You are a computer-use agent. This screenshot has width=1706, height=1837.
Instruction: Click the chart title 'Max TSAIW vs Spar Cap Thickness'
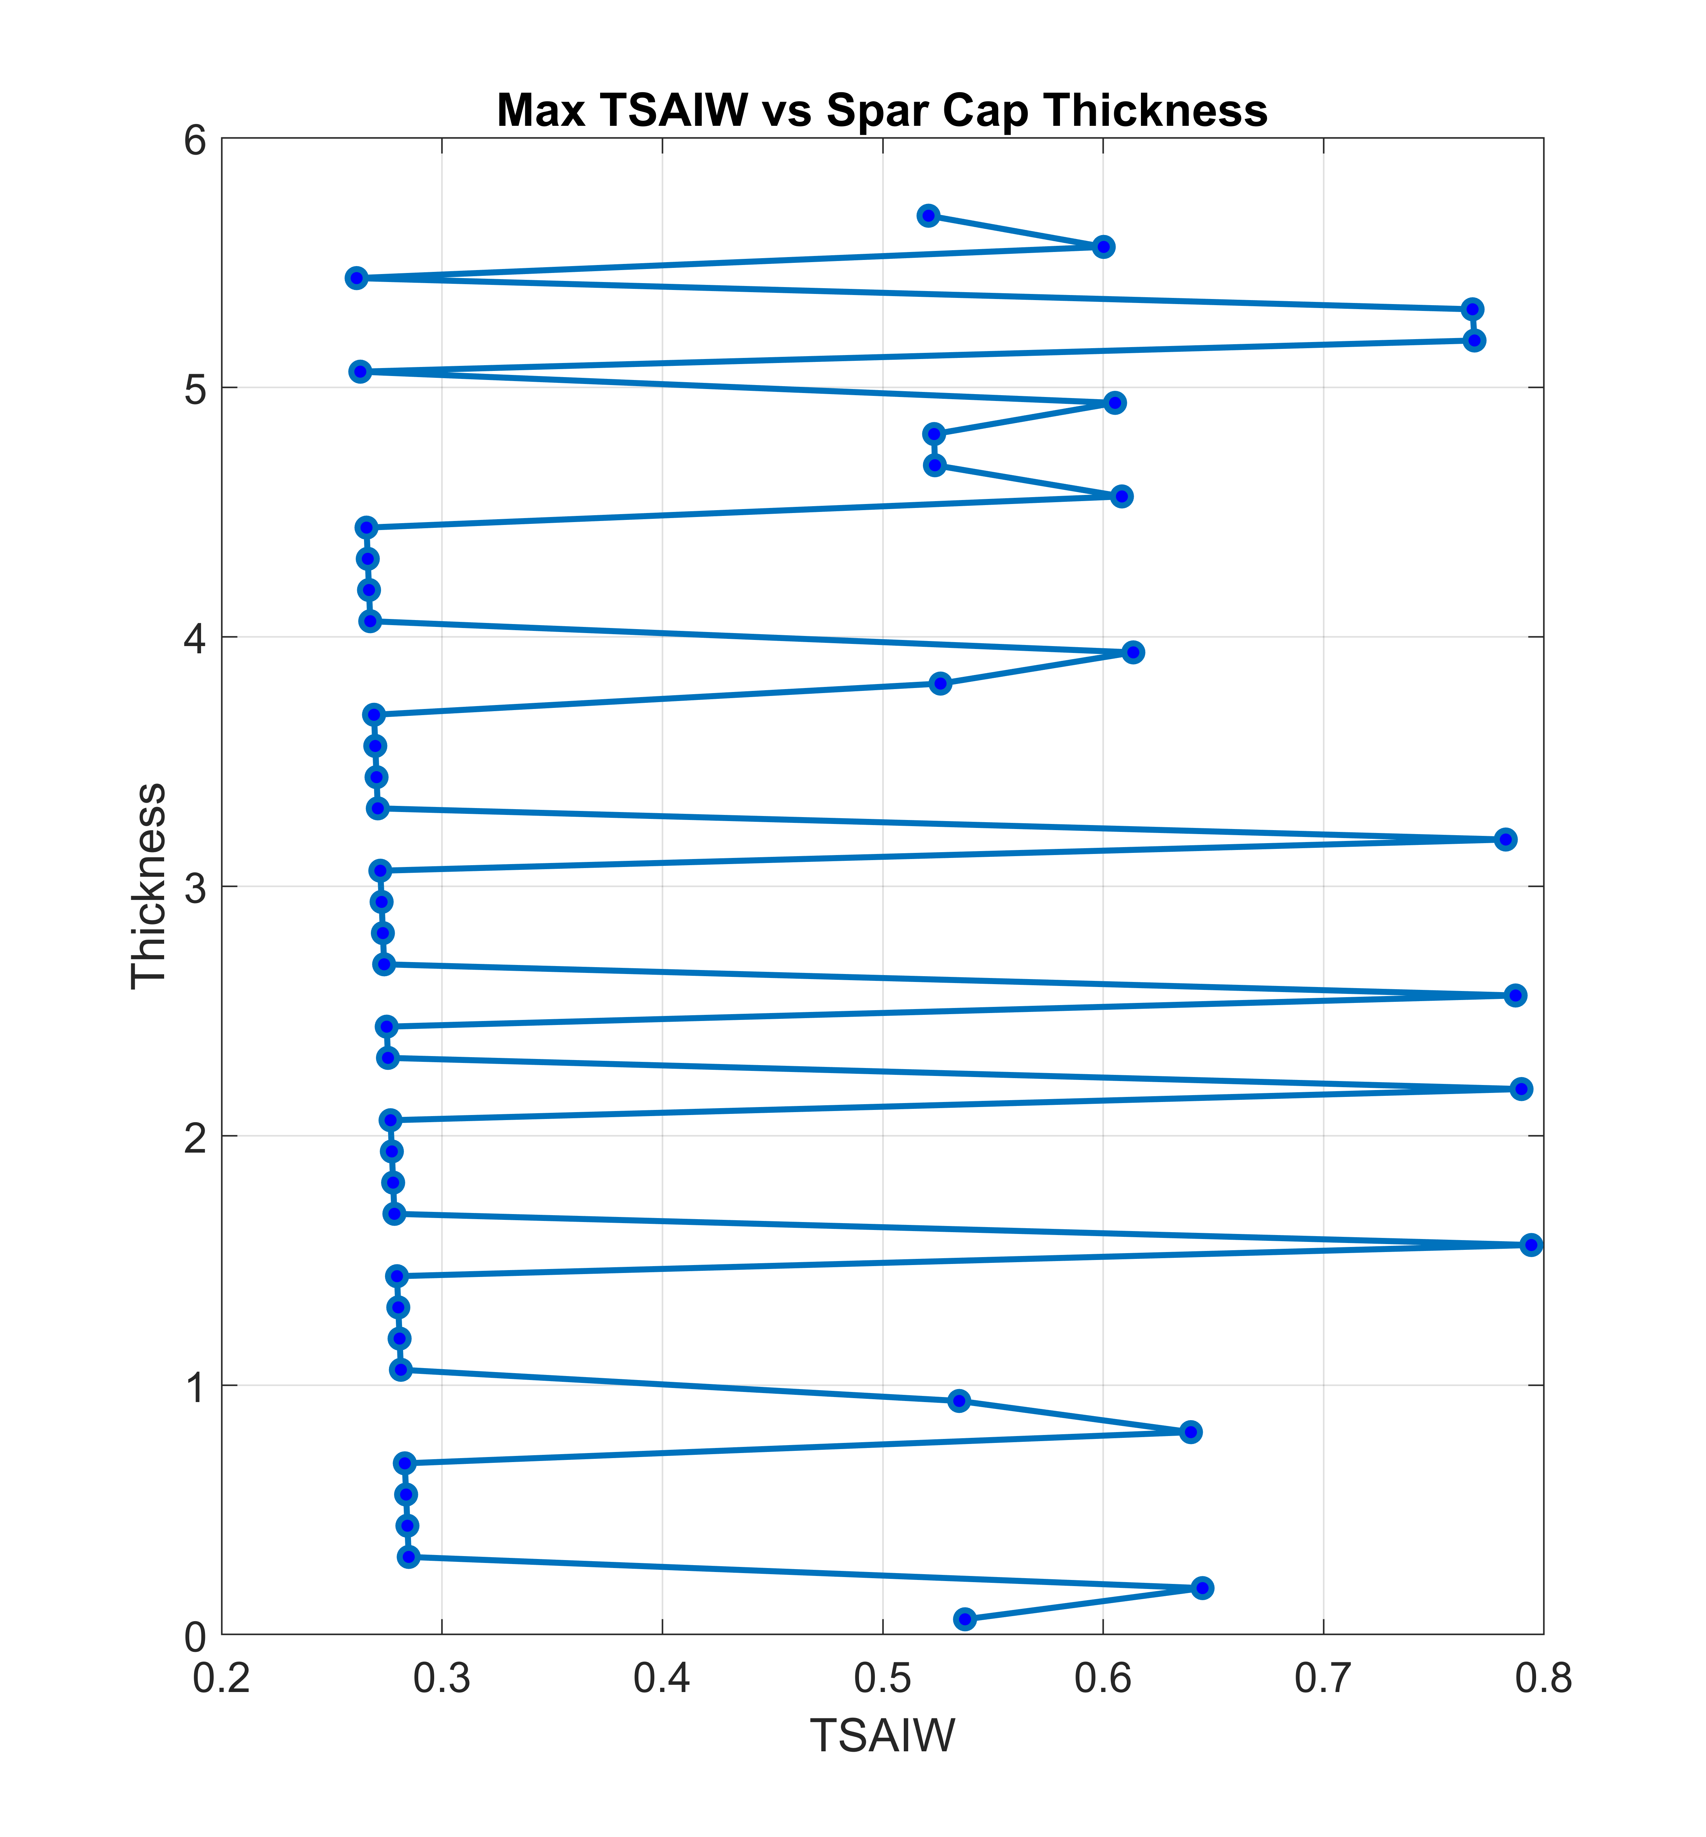[882, 111]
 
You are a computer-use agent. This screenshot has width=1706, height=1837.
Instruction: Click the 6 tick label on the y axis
[195, 140]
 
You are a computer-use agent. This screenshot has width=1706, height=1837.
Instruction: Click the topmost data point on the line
[929, 216]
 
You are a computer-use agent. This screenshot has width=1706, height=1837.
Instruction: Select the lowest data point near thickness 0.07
[965, 1618]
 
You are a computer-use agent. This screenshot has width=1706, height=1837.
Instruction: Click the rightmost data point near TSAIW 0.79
[1531, 1244]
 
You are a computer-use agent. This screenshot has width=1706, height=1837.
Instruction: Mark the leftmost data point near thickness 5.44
[356, 278]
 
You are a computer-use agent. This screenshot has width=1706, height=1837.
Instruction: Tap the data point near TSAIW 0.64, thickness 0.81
[1191, 1432]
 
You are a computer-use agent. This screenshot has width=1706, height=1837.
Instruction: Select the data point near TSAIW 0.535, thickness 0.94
[959, 1400]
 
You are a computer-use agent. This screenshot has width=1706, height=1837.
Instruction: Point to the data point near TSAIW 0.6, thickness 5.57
[1103, 247]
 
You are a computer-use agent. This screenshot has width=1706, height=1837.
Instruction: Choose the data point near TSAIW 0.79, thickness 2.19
[1521, 1088]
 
